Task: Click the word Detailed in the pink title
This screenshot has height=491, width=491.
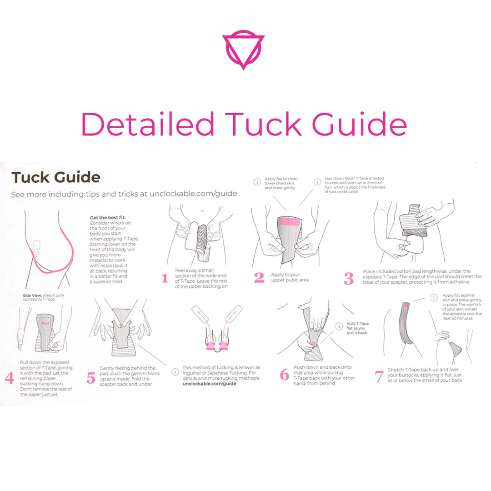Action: [x=148, y=124]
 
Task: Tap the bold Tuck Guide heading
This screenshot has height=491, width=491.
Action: [x=56, y=177]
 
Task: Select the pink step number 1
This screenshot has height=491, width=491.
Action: [x=165, y=278]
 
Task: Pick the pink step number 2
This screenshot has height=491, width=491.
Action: [x=259, y=277]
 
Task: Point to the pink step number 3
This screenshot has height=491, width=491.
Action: [x=349, y=278]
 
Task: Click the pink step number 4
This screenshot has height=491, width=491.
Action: [x=10, y=378]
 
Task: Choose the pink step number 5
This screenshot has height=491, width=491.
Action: [x=91, y=378]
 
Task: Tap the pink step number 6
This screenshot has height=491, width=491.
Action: [x=284, y=375]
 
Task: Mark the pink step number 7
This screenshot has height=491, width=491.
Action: [x=379, y=377]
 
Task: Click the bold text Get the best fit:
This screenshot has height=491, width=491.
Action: [x=108, y=217]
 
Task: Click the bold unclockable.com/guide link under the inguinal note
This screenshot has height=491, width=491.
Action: [x=209, y=384]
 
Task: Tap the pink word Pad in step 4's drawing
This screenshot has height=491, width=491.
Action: [x=45, y=323]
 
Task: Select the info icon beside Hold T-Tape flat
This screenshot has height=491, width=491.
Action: [x=339, y=326]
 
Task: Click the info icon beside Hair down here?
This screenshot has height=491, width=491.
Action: [x=317, y=181]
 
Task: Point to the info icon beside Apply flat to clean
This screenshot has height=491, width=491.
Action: [x=257, y=181]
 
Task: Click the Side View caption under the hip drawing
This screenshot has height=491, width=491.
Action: [x=44, y=297]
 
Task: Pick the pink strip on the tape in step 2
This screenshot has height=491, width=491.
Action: [x=289, y=222]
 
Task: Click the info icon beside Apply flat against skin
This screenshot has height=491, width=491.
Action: [x=434, y=298]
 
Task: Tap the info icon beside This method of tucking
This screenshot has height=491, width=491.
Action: [x=175, y=372]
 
